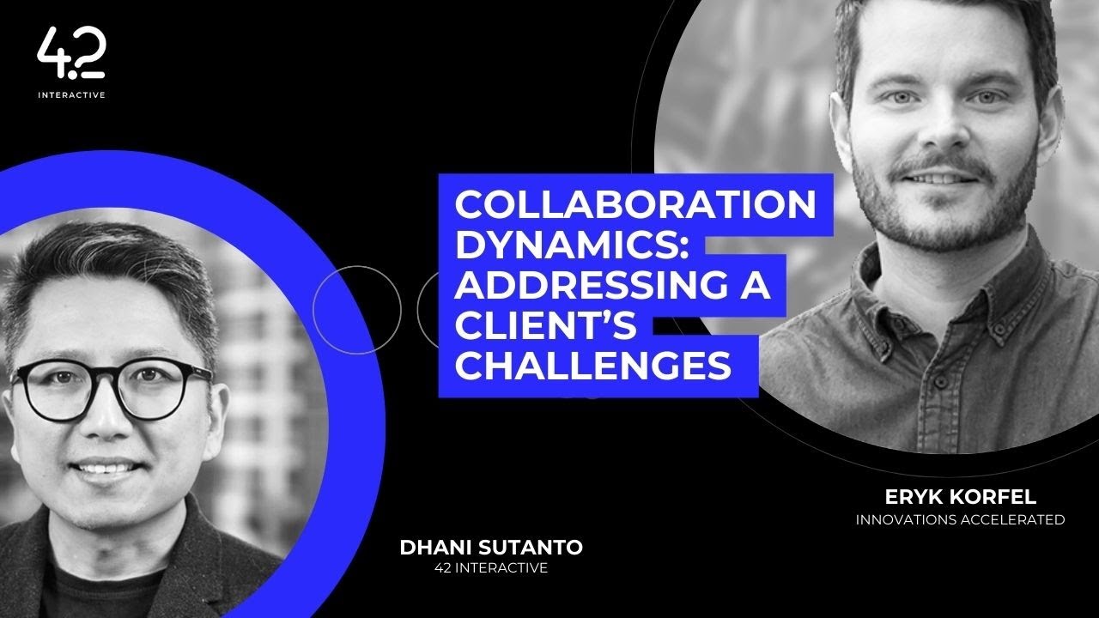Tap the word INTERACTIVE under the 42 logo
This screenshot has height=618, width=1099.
click(71, 95)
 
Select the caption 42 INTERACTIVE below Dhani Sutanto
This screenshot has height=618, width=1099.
click(492, 568)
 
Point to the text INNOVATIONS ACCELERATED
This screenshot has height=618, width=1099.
click(960, 519)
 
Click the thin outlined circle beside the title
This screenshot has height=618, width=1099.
click(356, 309)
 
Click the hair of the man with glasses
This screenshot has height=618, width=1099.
click(112, 266)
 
